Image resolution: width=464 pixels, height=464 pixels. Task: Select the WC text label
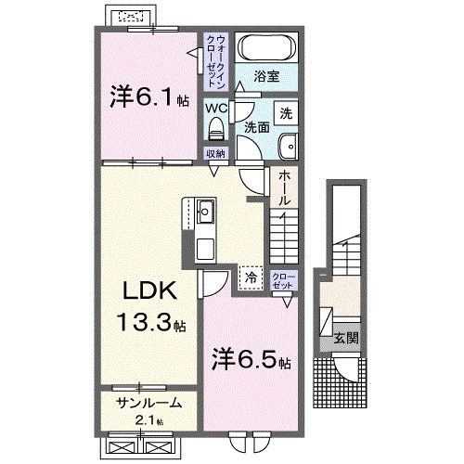click(215, 108)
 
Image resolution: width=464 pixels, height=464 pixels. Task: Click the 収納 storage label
click(215, 154)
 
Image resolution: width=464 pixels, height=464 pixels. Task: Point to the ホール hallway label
click(284, 187)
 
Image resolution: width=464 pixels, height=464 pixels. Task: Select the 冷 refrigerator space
click(250, 275)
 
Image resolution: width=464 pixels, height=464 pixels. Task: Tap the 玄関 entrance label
click(342, 337)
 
